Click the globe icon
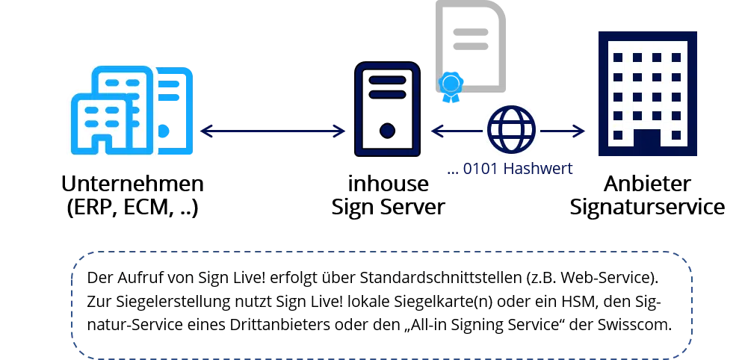pyautogui.click(x=511, y=130)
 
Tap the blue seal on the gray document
pyautogui.click(x=451, y=85)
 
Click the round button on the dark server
pyautogui.click(x=387, y=131)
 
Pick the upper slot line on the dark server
pyautogui.click(x=386, y=79)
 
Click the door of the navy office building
pyautogui.click(x=647, y=141)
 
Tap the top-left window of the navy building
pyautogui.click(x=617, y=58)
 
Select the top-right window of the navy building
pyautogui.click(x=676, y=58)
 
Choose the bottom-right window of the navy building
pyautogui.click(x=676, y=135)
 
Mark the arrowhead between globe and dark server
pyautogui.click(x=437, y=131)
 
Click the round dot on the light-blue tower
pyautogui.click(x=165, y=131)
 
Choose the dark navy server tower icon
pyautogui.click(x=387, y=109)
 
